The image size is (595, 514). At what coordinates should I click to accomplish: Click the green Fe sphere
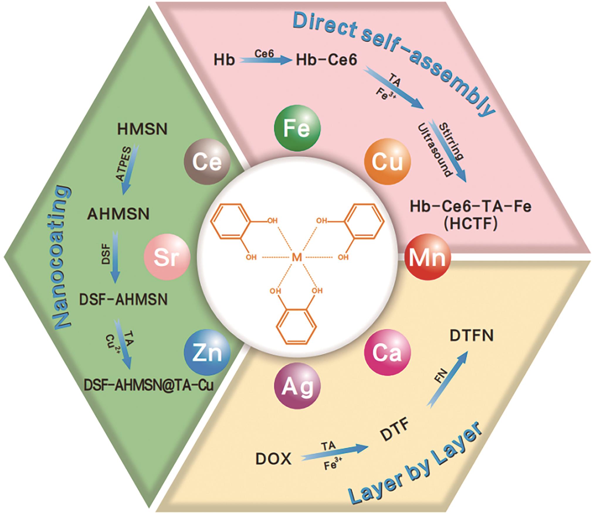click(x=297, y=128)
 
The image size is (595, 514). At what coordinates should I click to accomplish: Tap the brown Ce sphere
click(x=207, y=161)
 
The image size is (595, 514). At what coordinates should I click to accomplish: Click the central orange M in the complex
click(x=297, y=258)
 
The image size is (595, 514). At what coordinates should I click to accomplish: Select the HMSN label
click(x=142, y=129)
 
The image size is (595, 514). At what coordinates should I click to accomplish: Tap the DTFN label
click(x=471, y=336)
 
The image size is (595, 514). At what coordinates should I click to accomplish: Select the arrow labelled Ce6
click(x=265, y=60)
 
